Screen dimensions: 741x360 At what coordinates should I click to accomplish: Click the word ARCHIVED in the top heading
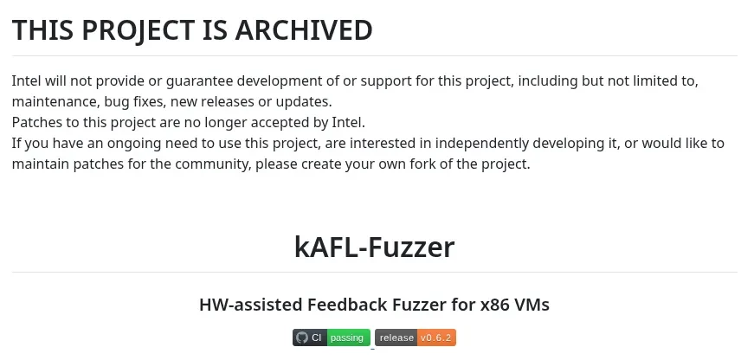pos(303,29)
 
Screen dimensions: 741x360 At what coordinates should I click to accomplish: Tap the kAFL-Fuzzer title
pos(374,247)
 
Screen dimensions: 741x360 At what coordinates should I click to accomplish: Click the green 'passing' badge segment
pos(348,337)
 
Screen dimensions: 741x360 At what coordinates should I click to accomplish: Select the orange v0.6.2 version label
pos(435,337)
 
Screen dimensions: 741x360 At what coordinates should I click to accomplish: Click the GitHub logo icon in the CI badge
pos(301,337)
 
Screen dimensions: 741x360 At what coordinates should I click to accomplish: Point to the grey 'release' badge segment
pos(396,337)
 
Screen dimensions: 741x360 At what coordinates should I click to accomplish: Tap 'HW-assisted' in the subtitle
pos(251,305)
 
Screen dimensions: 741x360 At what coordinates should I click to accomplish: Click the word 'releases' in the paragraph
pos(232,101)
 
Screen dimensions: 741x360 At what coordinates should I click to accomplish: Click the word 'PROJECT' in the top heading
pos(138,30)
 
